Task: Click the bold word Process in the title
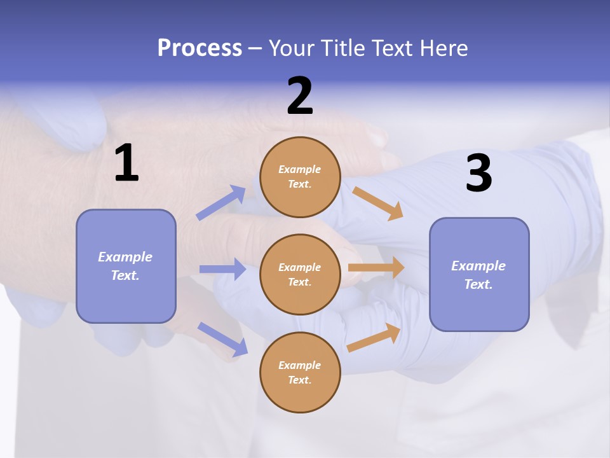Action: (x=200, y=48)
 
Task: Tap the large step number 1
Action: (x=126, y=163)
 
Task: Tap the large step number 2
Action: (x=300, y=96)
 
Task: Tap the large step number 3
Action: (x=478, y=174)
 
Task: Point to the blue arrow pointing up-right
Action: (x=221, y=203)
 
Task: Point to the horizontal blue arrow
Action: (x=222, y=269)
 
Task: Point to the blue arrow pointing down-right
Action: (x=222, y=339)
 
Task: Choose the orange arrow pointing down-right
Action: (x=378, y=204)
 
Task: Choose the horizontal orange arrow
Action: (x=376, y=268)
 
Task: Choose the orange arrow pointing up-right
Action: (x=374, y=337)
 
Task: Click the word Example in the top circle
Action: (x=300, y=170)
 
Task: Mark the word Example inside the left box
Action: (x=125, y=257)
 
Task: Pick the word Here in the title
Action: (x=445, y=48)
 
